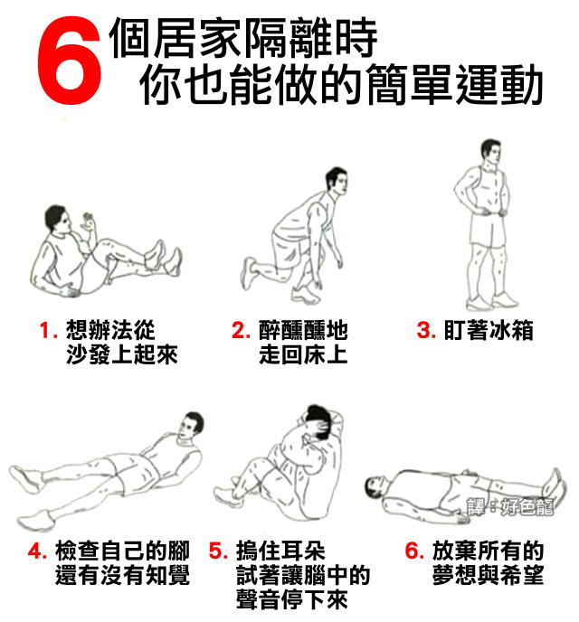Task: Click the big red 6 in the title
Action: (69, 61)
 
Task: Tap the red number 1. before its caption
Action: (49, 330)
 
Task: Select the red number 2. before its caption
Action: (241, 330)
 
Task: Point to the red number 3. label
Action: (426, 330)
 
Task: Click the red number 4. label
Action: (37, 551)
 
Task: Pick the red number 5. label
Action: (218, 551)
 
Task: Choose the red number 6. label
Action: (414, 551)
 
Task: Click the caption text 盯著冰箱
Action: (489, 330)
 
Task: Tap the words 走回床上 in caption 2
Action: (304, 354)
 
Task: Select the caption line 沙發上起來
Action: (122, 354)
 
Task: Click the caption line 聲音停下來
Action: (292, 599)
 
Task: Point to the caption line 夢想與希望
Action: (489, 575)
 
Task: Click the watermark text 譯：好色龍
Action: (510, 506)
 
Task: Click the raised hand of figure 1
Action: (88, 222)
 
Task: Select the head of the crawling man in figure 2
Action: (337, 182)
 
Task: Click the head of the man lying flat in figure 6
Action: (375, 488)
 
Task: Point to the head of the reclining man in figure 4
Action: (191, 426)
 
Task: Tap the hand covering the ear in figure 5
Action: (320, 429)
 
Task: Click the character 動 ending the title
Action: (520, 85)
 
